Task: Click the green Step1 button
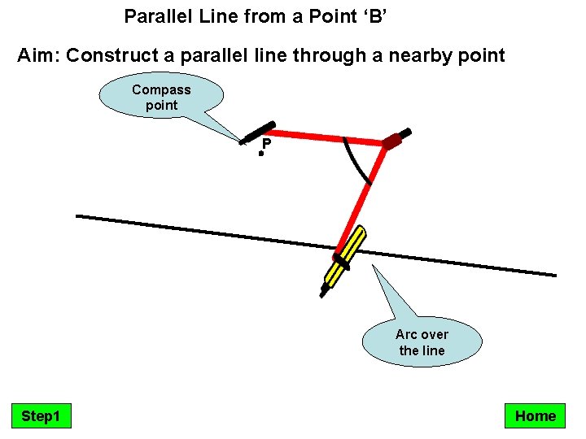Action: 41,416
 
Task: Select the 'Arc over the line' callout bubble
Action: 422,342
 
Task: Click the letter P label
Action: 266,145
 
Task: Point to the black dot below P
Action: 261,153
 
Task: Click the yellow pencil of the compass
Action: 345,258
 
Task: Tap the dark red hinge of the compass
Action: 394,141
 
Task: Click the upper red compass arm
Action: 326,137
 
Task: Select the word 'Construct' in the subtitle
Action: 109,55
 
